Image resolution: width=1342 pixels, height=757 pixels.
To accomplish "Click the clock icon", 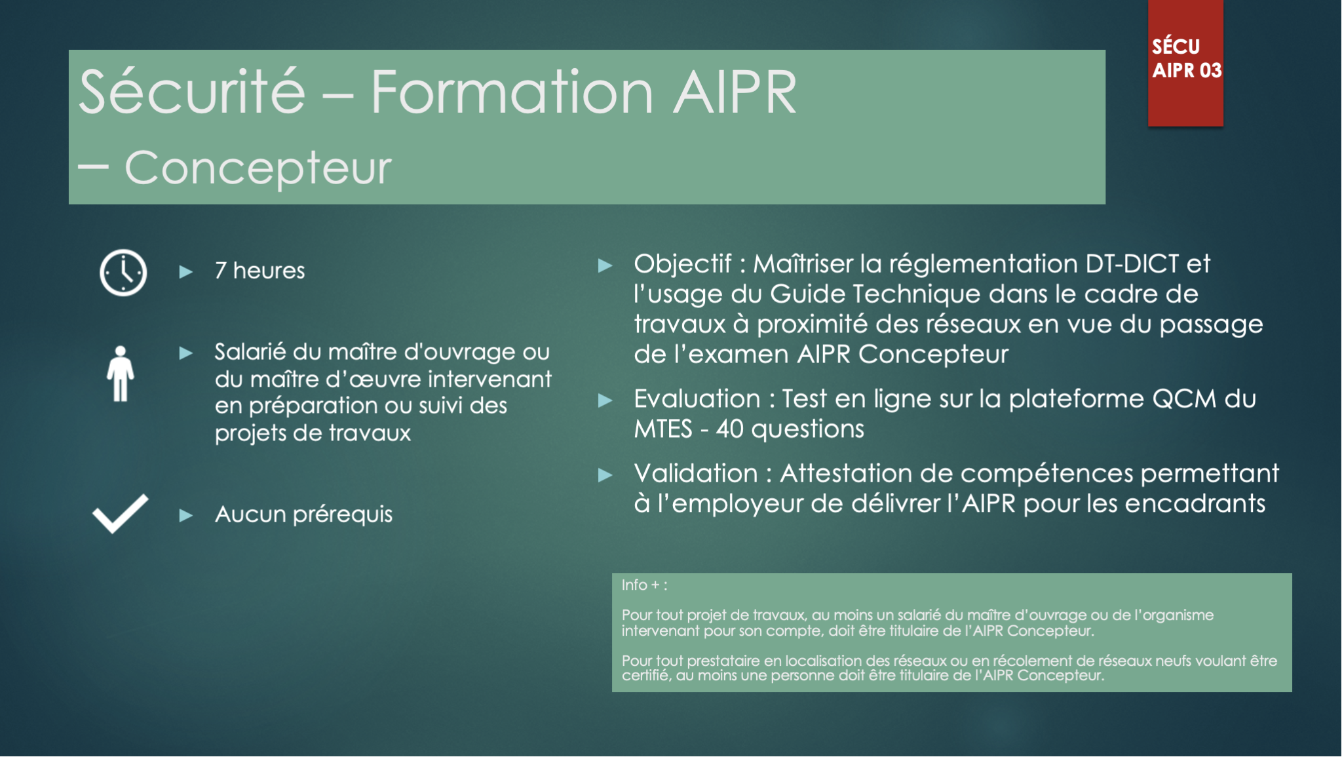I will pyautogui.click(x=123, y=273).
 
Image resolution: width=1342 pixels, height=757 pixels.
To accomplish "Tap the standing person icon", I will pyautogui.click(x=121, y=374).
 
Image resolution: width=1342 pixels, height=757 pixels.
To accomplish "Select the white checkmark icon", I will pyautogui.click(x=121, y=513).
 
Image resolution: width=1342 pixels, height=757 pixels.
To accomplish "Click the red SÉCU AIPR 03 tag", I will pyautogui.click(x=1185, y=62).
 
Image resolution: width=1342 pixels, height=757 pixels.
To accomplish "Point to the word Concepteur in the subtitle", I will pyautogui.click(x=258, y=168).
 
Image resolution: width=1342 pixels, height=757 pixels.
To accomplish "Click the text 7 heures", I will pyautogui.click(x=260, y=271).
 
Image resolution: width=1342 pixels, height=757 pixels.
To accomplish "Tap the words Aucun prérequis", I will pyautogui.click(x=303, y=514).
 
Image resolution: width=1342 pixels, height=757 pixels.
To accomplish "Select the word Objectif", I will pyautogui.click(x=682, y=264).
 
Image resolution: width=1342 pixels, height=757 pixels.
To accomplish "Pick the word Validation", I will pyautogui.click(x=696, y=474).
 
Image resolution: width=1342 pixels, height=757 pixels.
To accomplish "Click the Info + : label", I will pyautogui.click(x=644, y=585).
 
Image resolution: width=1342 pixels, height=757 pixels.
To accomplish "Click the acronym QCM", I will pyautogui.click(x=1184, y=399).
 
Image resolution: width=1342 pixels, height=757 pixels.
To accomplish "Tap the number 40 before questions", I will pyautogui.click(x=729, y=429).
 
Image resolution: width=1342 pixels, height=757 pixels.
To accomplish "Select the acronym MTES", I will pyautogui.click(x=663, y=429).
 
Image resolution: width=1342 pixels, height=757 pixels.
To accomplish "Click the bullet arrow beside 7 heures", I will pyautogui.click(x=186, y=271).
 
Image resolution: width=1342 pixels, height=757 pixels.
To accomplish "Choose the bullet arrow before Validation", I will pyautogui.click(x=605, y=475).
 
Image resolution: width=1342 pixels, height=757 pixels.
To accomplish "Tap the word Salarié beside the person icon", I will pyautogui.click(x=250, y=353).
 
